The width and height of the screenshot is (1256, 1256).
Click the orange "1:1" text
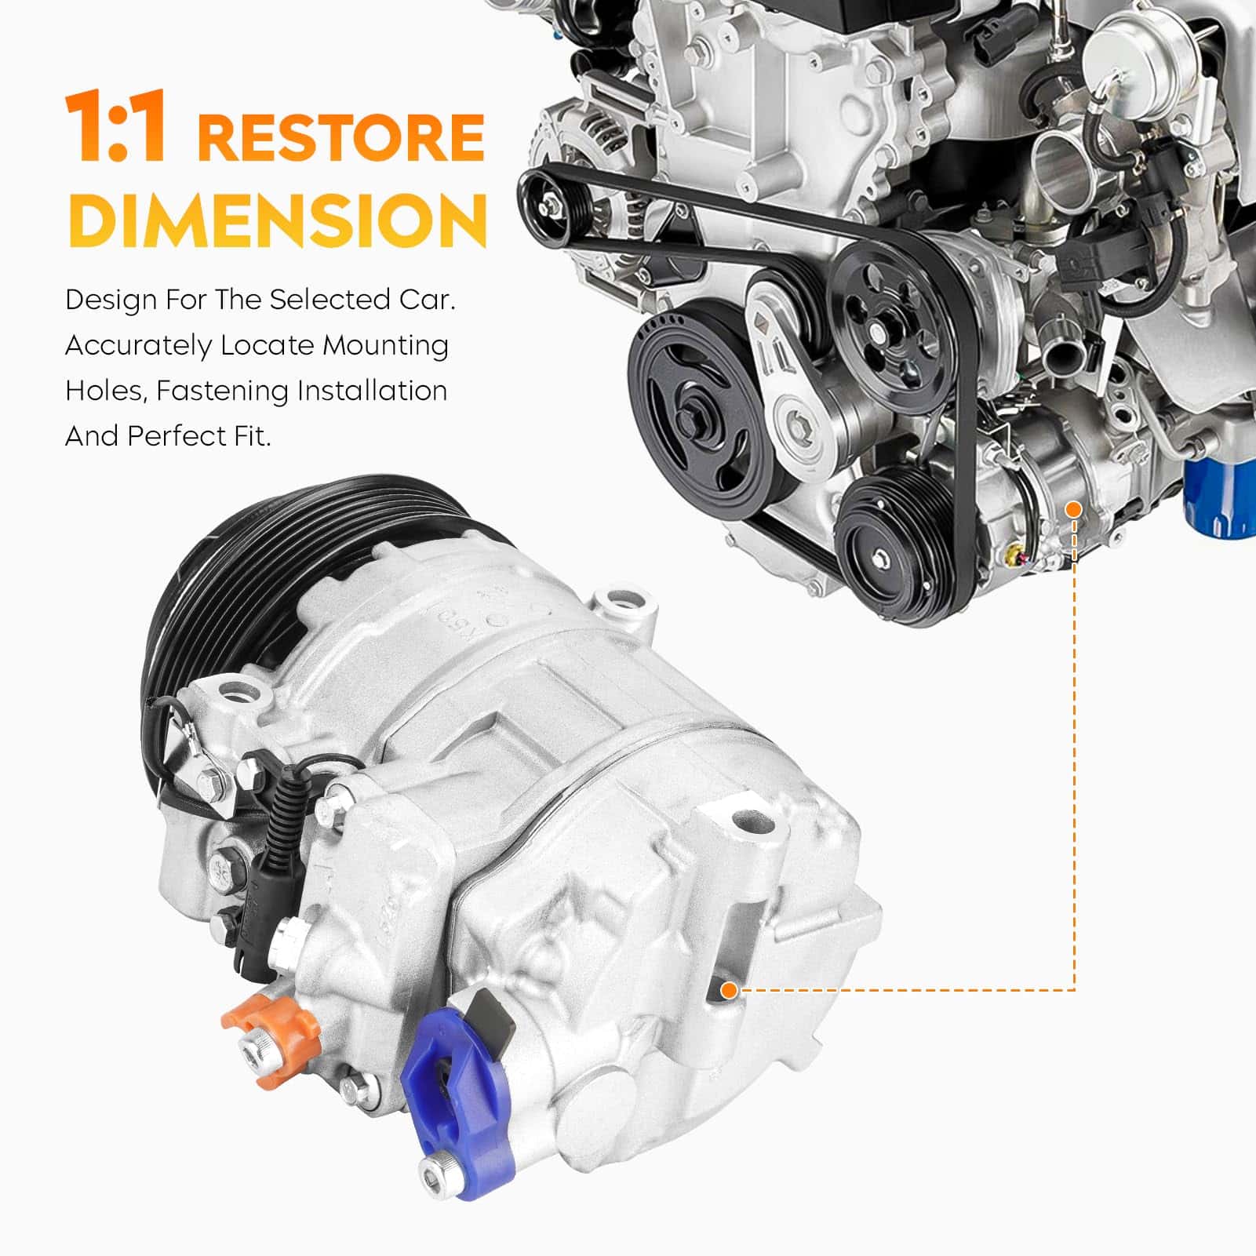[116, 127]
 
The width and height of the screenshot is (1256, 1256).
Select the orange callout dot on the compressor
[729, 990]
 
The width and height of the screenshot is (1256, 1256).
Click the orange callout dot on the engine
[1074, 510]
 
